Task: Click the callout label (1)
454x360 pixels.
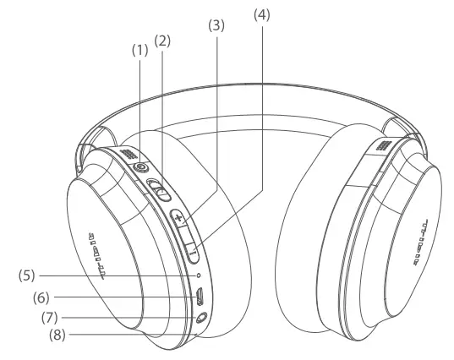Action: [139, 50]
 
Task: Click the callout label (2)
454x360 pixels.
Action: [164, 40]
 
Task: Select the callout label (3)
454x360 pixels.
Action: [216, 26]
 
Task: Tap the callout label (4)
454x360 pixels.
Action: [260, 14]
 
